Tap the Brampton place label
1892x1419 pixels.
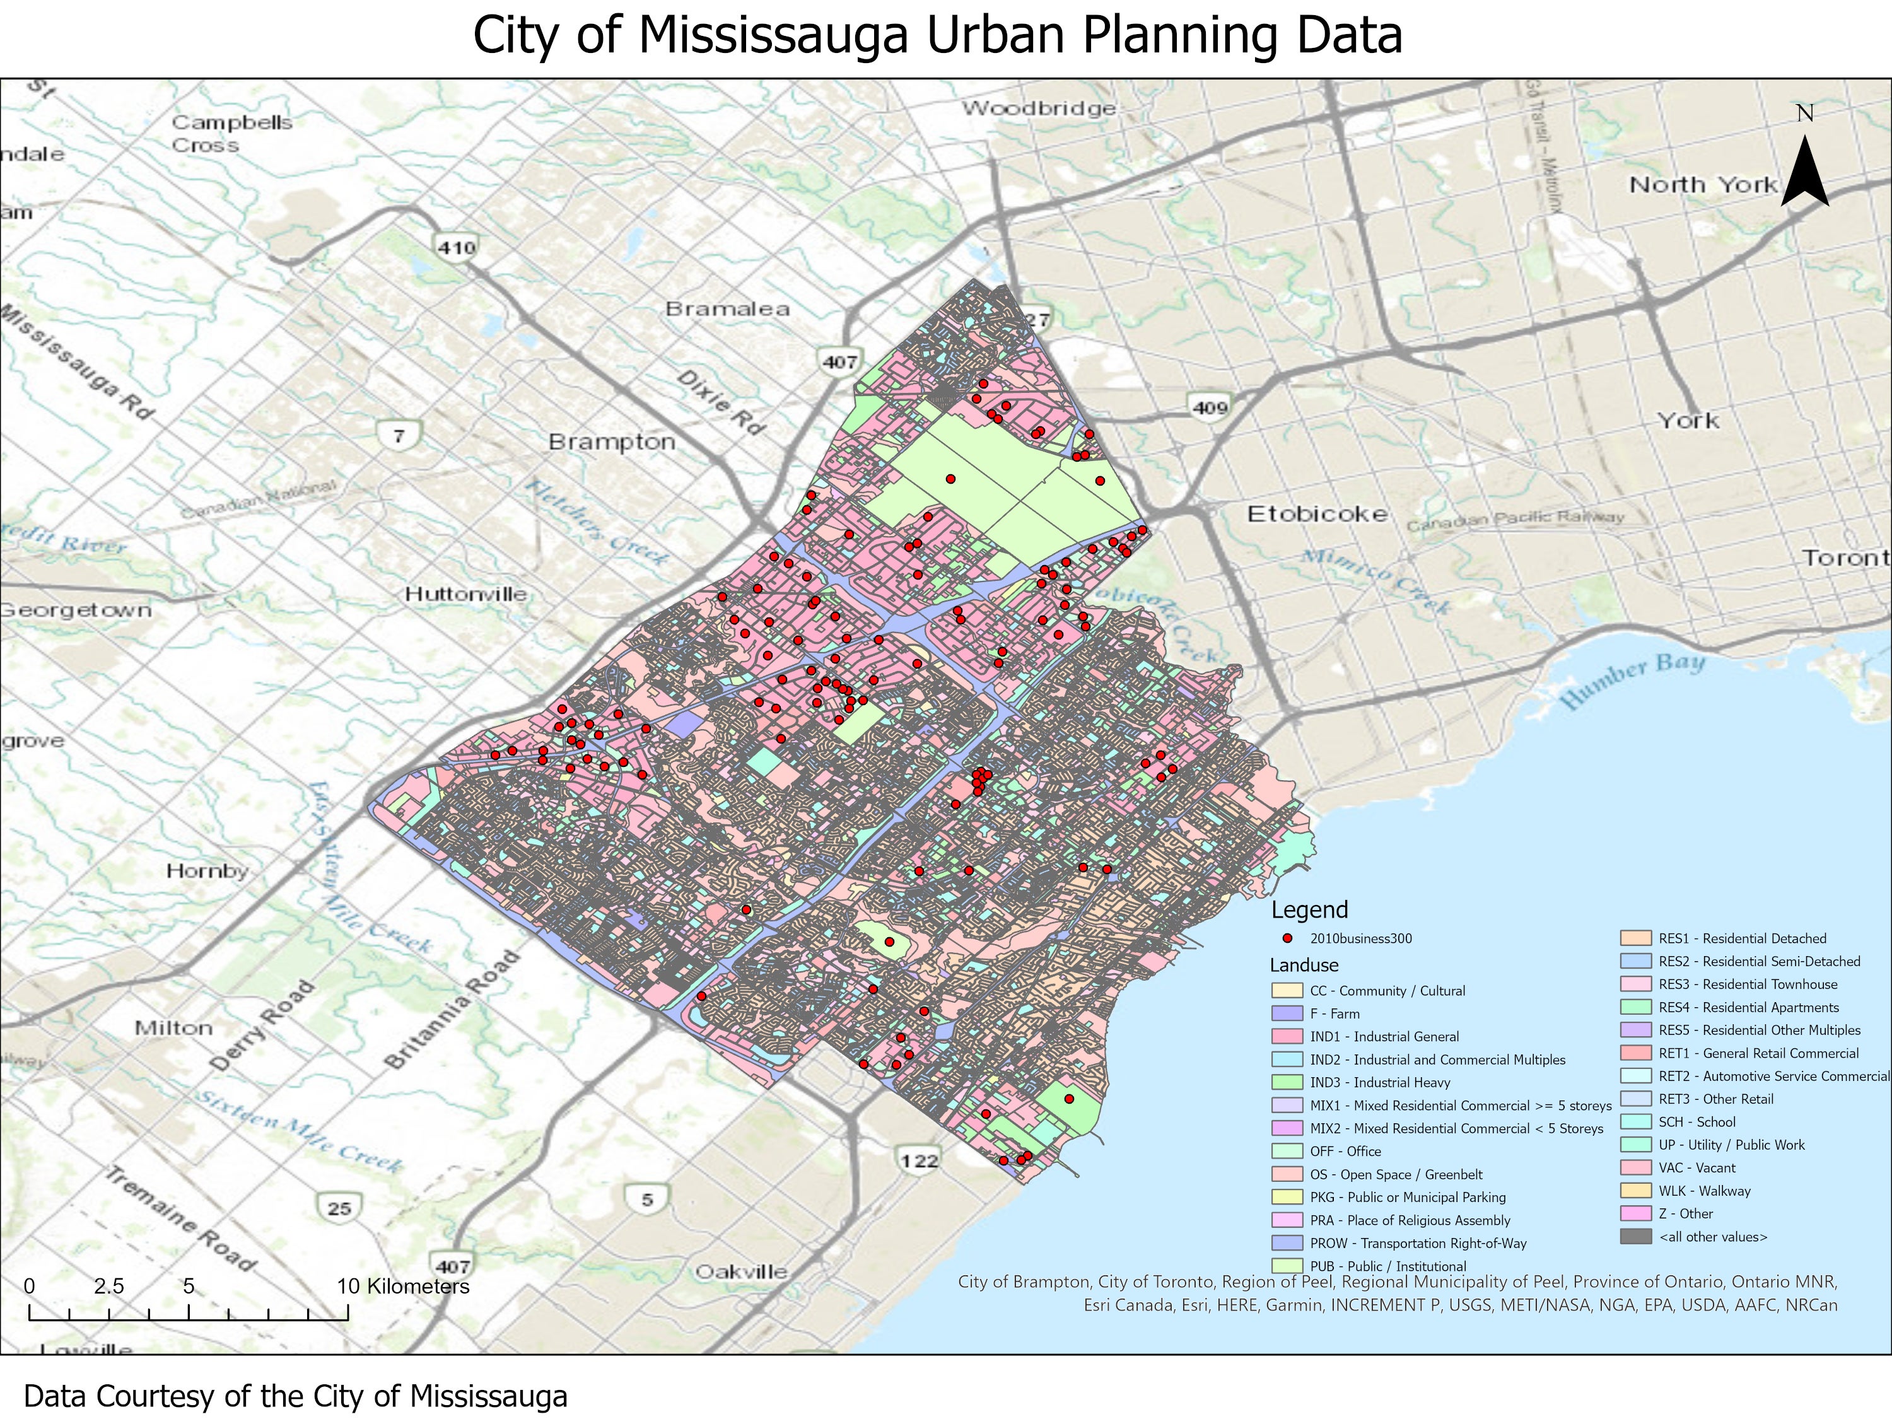pyautogui.click(x=612, y=442)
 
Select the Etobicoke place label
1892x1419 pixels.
pyautogui.click(x=1316, y=514)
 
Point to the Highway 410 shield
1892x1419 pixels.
pyautogui.click(x=456, y=247)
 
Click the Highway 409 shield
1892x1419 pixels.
pyautogui.click(x=1210, y=407)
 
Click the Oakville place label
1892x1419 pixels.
pyautogui.click(x=741, y=1272)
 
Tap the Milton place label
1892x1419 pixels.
pyautogui.click(x=173, y=1028)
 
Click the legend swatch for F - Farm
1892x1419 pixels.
pyautogui.click(x=1287, y=1013)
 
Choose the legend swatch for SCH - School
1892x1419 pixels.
pyautogui.click(x=1635, y=1121)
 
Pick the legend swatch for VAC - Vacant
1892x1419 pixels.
pyautogui.click(x=1635, y=1167)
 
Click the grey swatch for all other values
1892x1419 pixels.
pyautogui.click(x=1635, y=1237)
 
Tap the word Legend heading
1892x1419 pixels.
pyautogui.click(x=1309, y=909)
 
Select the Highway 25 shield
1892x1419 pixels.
pyautogui.click(x=339, y=1208)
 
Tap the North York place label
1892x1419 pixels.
pyautogui.click(x=1703, y=185)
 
